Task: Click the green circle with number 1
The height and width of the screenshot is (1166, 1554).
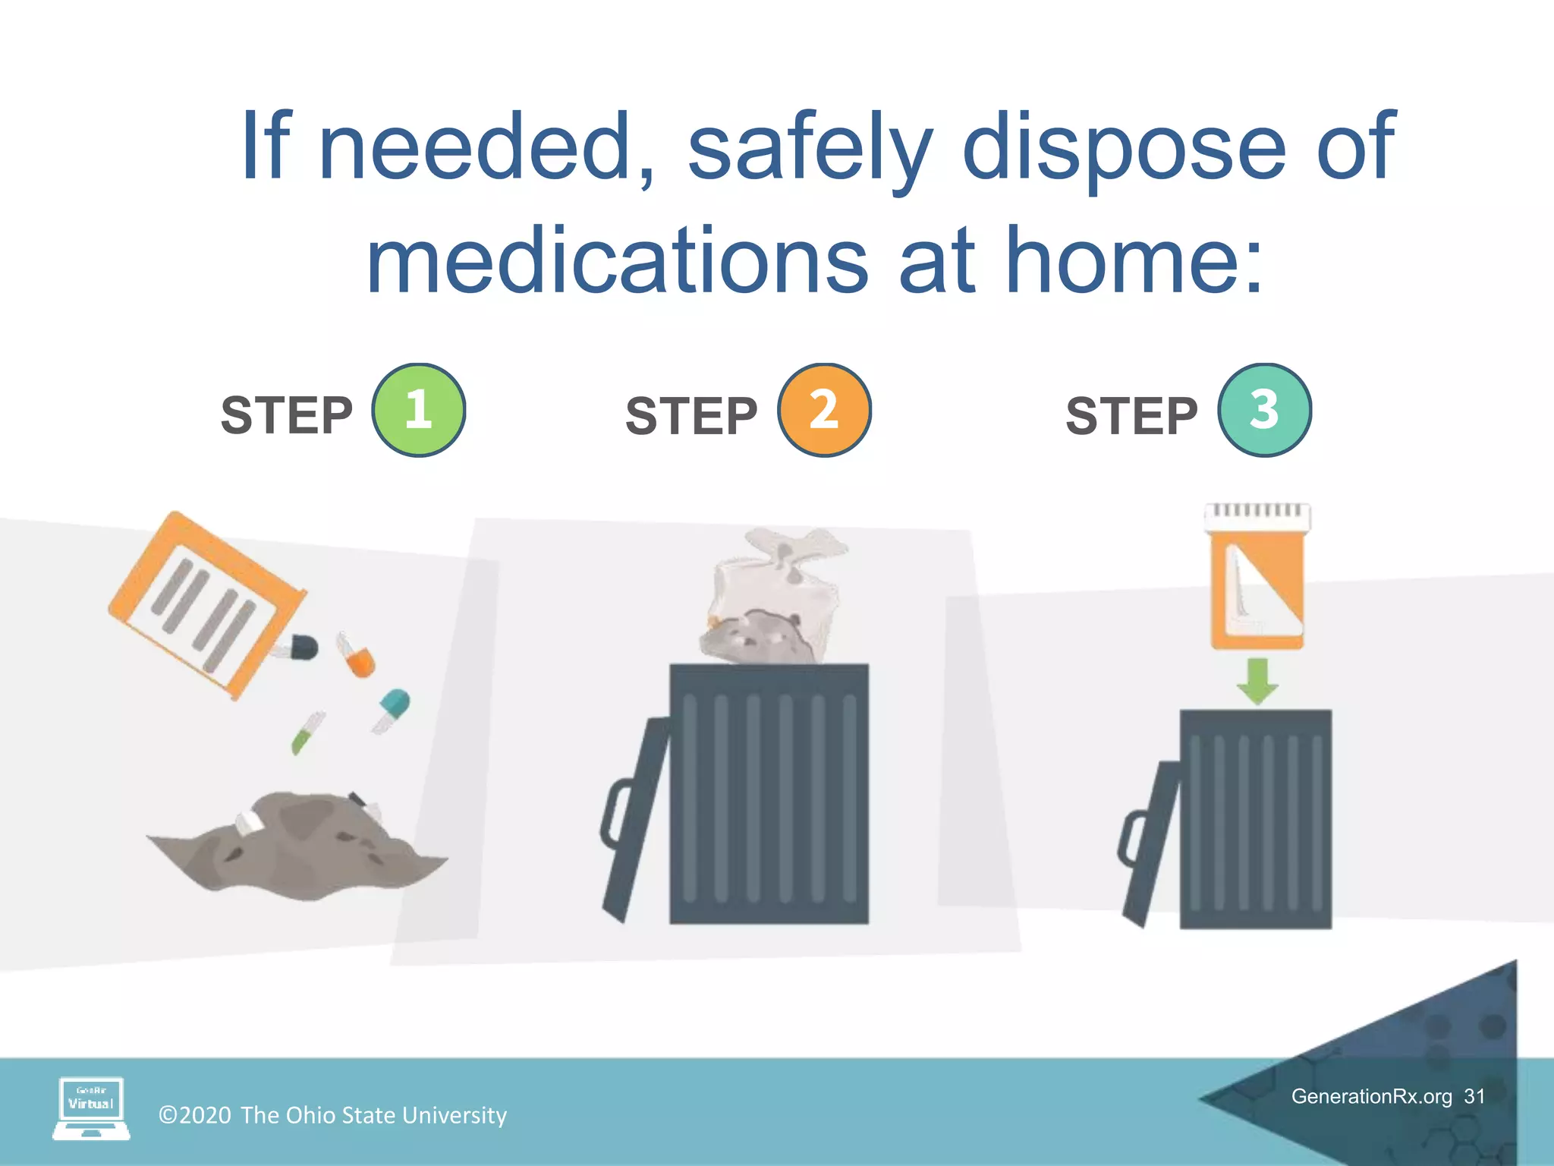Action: click(x=418, y=410)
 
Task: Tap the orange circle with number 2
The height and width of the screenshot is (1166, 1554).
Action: click(x=824, y=410)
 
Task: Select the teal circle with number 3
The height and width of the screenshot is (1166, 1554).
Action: click(x=1264, y=410)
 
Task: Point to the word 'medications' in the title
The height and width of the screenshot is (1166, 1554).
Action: click(x=616, y=262)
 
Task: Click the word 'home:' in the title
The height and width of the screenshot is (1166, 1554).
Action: click(x=1135, y=262)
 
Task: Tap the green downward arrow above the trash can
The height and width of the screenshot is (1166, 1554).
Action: click(x=1257, y=680)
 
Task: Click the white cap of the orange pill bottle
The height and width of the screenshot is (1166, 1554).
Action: click(x=1257, y=515)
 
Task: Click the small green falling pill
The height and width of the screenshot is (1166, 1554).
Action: click(x=307, y=733)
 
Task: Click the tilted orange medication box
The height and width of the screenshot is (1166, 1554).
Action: click(x=206, y=603)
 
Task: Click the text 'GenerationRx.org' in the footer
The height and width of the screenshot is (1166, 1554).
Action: click(x=1371, y=1096)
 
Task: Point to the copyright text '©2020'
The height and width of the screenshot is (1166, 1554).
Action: click(x=195, y=1115)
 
